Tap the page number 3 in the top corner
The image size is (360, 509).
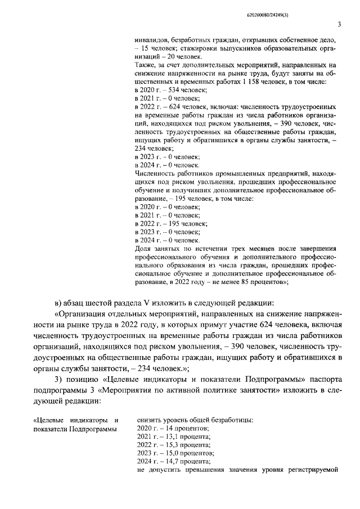339,24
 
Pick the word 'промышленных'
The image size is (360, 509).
241,174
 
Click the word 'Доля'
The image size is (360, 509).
144,248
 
